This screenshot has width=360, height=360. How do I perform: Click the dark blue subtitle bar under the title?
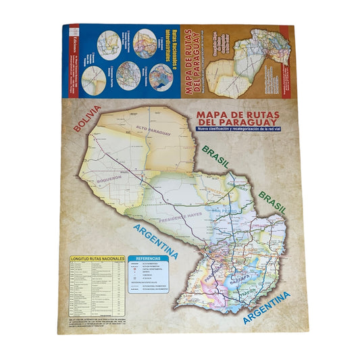(x=240, y=130)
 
